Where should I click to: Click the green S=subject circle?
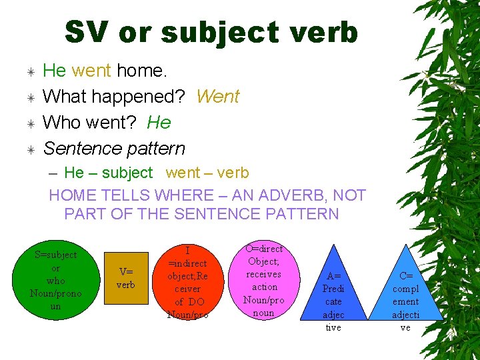pos(55,280)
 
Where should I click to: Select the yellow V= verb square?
pos(126,278)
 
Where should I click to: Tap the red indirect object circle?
pos(187,282)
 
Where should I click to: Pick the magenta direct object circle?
pos(264,281)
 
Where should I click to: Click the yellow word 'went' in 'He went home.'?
pos(92,71)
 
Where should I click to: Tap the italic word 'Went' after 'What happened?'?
pos(217,97)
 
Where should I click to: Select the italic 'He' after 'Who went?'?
pos(159,123)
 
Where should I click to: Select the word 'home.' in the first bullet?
pos(140,71)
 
